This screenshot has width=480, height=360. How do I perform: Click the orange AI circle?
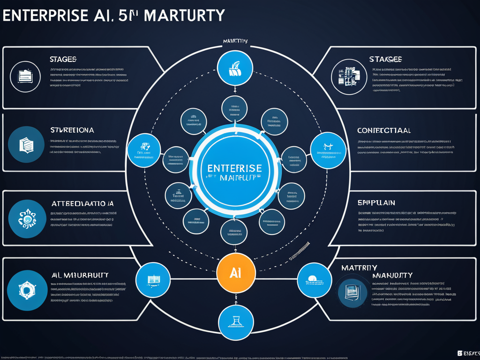(x=236, y=273)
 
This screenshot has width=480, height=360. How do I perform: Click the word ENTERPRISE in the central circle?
(x=235, y=168)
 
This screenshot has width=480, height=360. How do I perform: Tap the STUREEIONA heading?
(x=72, y=129)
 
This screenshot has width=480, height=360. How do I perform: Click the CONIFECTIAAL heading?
(x=384, y=130)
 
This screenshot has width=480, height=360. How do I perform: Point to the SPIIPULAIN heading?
(x=376, y=202)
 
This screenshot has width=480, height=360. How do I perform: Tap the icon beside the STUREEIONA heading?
(x=26, y=144)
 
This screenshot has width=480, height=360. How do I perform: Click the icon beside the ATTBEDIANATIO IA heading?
(x=26, y=218)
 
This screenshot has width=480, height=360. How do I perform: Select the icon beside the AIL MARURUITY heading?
(x=26, y=291)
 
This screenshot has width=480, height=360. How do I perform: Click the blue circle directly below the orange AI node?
(x=236, y=323)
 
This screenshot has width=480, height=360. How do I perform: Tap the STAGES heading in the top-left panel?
(x=63, y=60)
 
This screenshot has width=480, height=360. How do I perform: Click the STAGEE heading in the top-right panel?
(x=385, y=59)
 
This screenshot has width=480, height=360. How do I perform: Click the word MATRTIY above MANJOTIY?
(x=359, y=267)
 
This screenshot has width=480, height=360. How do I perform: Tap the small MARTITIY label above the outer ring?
(x=235, y=41)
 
